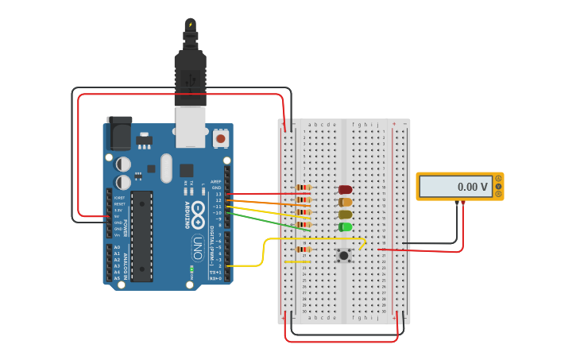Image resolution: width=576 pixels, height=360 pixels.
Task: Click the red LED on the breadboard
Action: point(345,190)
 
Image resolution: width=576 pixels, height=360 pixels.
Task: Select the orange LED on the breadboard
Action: point(345,202)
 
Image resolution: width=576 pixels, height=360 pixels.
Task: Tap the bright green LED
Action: point(345,227)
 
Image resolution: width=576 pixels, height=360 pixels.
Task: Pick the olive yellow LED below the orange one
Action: point(345,215)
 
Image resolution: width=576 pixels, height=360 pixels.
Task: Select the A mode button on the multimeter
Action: point(498,179)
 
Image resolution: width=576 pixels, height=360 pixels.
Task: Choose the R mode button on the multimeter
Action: point(498,194)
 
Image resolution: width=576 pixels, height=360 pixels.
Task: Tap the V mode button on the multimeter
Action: point(498,186)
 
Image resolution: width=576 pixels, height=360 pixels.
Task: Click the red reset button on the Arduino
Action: point(220,139)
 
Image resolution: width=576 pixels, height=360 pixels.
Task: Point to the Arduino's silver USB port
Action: point(190,127)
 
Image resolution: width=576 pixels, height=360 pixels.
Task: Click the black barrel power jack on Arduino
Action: point(119,133)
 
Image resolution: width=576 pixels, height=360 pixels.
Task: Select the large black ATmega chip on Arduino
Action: point(141,236)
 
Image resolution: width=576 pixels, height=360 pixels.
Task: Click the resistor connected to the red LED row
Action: point(303,188)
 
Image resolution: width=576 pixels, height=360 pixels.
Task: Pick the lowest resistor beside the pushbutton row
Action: point(303,250)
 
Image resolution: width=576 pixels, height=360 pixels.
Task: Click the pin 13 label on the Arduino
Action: point(218,194)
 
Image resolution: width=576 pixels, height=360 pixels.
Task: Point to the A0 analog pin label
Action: point(118,247)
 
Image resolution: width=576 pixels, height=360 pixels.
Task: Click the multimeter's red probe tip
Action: point(463,204)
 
